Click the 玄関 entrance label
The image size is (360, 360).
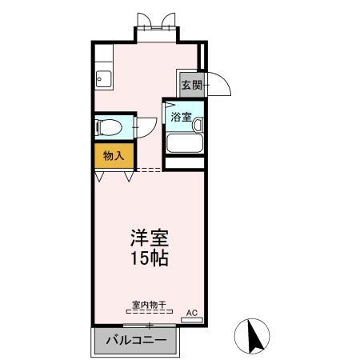click(190, 85)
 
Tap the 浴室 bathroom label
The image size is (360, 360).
click(180, 117)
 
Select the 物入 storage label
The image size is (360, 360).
click(114, 156)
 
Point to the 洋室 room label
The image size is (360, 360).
click(150, 238)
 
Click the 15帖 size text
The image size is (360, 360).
click(150, 258)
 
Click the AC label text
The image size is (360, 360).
click(191, 312)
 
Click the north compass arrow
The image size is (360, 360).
click(256, 336)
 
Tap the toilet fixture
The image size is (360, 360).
click(106, 126)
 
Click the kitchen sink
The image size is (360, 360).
click(103, 78)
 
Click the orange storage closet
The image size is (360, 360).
click(114, 156)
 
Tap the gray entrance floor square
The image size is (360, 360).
click(190, 85)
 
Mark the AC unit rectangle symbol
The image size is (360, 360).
click(192, 320)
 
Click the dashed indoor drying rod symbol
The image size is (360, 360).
click(148, 313)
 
